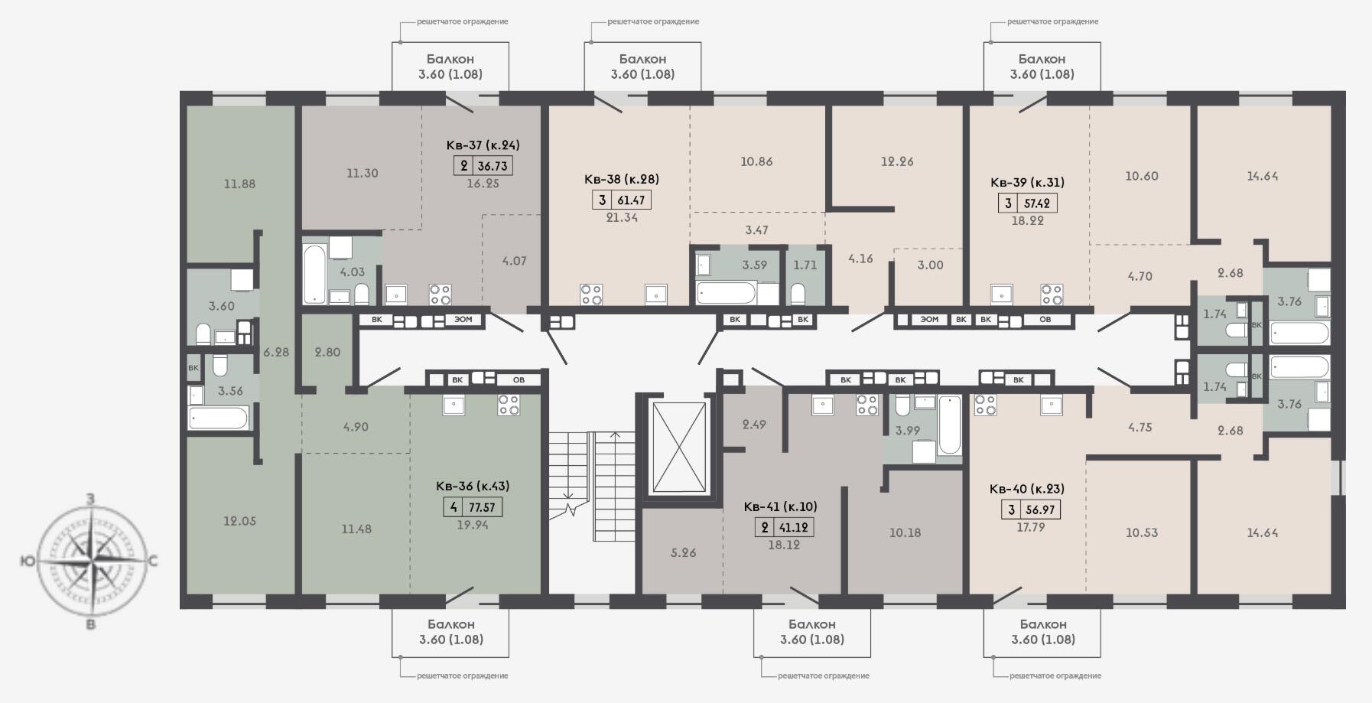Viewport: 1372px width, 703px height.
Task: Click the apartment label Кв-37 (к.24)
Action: [x=483, y=145]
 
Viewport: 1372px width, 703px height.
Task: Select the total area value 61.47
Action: [x=632, y=200]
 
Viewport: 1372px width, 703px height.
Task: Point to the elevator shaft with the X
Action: [x=678, y=448]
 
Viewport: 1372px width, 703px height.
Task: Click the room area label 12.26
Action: [x=897, y=161]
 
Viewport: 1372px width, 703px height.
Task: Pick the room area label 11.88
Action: [x=239, y=184]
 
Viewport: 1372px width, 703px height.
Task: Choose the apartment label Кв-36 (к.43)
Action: [x=473, y=486]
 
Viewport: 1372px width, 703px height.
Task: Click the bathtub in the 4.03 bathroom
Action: [x=314, y=274]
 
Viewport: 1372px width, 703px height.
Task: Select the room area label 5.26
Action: [x=683, y=552]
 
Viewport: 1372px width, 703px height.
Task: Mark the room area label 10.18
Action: [x=905, y=532]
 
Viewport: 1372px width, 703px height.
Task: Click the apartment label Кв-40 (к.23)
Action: [x=1026, y=489]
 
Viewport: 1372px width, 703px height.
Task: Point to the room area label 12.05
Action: [x=239, y=521]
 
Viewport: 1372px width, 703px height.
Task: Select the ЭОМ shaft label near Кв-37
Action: [x=463, y=320]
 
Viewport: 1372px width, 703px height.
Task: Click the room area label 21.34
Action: [x=622, y=217]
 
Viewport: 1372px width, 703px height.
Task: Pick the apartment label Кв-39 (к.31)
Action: [x=1027, y=182]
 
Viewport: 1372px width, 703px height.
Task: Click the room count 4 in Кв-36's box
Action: [x=454, y=507]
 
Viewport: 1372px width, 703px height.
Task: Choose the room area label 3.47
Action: [x=756, y=229]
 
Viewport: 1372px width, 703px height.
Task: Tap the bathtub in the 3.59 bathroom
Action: [x=726, y=293]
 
